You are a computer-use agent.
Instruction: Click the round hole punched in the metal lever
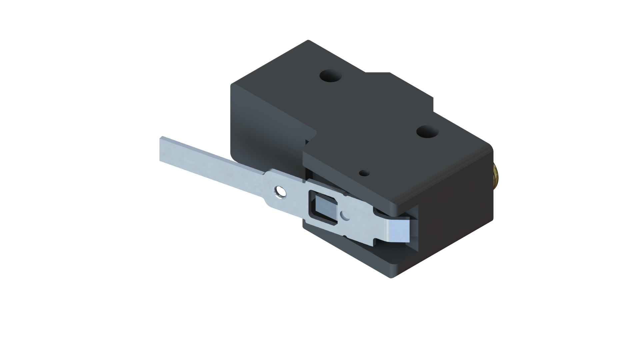tap(279, 191)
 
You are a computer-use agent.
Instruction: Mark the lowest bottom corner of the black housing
tap(392, 277)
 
